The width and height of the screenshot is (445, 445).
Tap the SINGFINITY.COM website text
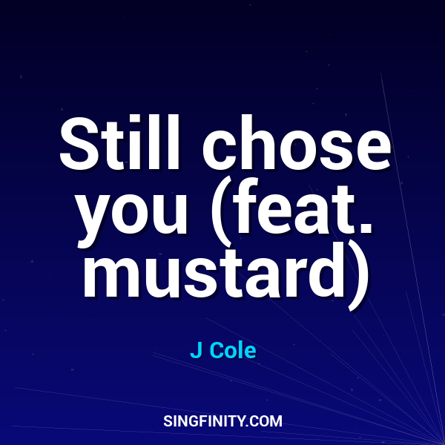(222, 421)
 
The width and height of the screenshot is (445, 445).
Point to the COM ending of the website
(266, 421)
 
